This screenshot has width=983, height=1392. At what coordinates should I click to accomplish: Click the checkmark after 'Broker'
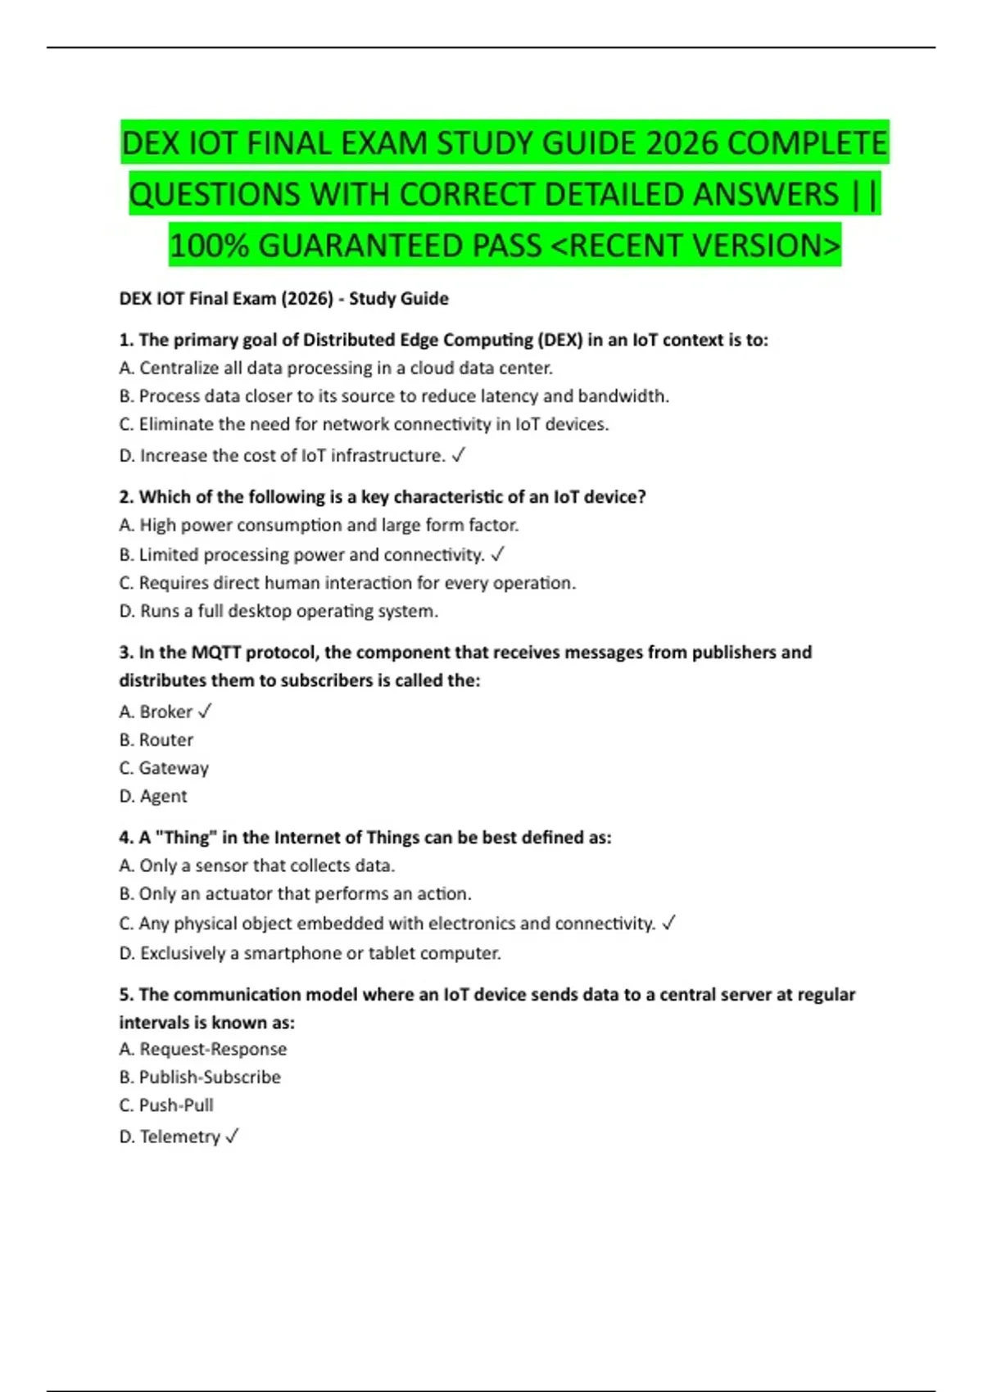205,712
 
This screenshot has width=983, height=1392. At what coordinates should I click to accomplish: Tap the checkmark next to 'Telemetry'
232,1136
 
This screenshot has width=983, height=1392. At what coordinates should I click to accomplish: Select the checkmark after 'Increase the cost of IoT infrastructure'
459,455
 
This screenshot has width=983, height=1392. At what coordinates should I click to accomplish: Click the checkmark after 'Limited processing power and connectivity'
497,555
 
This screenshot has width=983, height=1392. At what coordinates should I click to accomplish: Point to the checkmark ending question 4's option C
668,924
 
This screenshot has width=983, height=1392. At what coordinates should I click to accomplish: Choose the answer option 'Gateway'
174,768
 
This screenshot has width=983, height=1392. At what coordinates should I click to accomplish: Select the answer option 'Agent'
164,796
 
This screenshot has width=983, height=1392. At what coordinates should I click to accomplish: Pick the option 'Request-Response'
213,1049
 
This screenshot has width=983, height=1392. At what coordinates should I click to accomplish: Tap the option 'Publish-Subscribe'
210,1077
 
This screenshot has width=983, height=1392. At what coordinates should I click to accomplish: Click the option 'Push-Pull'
176,1105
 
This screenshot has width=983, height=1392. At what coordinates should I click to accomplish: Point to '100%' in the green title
209,246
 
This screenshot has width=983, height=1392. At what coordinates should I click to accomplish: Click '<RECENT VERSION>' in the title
697,246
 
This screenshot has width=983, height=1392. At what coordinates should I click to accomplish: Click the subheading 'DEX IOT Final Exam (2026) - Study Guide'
283,299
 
